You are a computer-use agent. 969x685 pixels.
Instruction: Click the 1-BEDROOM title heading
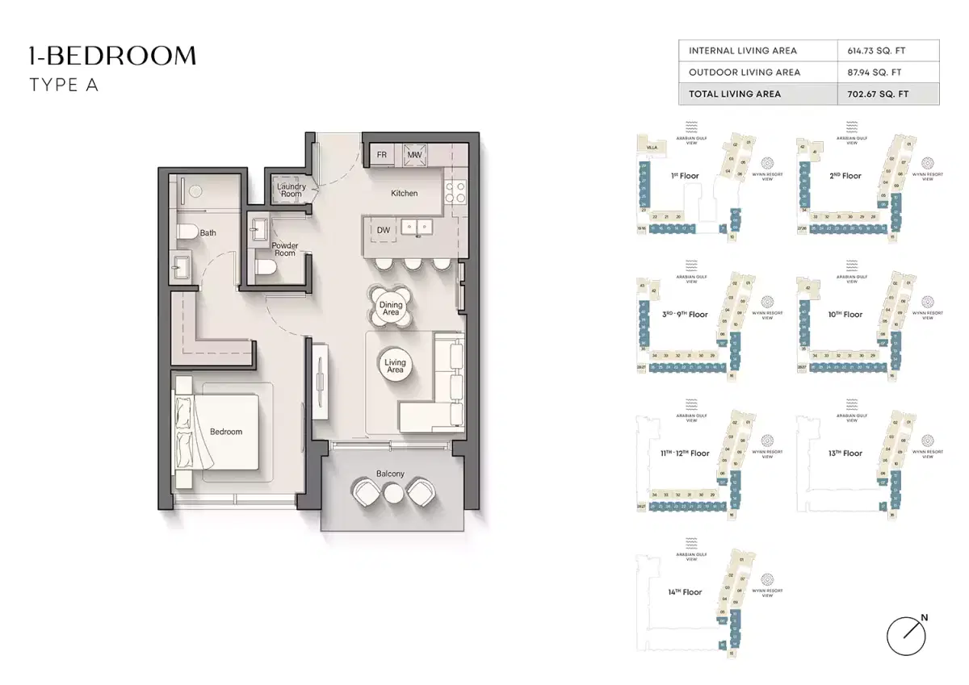(x=112, y=56)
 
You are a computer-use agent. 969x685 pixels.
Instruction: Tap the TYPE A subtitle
(x=64, y=85)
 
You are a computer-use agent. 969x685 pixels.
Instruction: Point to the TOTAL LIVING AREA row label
(x=735, y=94)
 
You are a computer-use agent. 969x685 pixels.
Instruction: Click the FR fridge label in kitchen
(x=382, y=154)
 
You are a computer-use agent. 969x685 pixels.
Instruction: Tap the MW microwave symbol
(x=415, y=154)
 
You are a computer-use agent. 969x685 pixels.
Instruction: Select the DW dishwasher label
(x=384, y=230)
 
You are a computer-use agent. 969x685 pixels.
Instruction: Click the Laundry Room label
(x=292, y=190)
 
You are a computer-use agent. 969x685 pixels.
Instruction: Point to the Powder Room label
(x=284, y=249)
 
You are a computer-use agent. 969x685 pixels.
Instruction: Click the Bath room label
(x=208, y=233)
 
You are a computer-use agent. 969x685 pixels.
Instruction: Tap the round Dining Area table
(x=391, y=309)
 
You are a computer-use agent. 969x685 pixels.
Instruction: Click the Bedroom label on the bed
(x=226, y=432)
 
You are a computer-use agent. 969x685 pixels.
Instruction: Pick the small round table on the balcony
(x=392, y=492)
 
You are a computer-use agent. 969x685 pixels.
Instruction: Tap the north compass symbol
(x=904, y=636)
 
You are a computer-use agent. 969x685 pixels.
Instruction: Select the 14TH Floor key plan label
(x=684, y=592)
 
